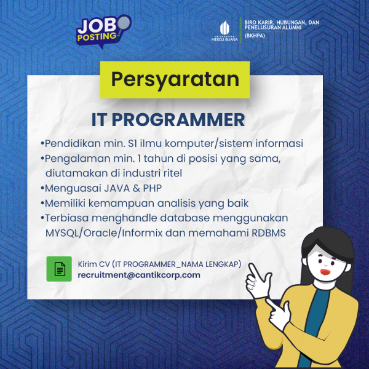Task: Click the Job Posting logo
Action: [103, 31]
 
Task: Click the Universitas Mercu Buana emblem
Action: [224, 31]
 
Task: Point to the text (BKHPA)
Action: [255, 36]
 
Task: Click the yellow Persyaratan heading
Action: [175, 79]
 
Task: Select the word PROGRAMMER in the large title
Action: [178, 120]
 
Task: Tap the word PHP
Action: [153, 188]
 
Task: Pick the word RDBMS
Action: [269, 233]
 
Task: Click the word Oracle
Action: [102, 233]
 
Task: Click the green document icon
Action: [59, 269]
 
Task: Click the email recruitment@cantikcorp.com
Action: [139, 275]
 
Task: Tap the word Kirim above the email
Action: [87, 264]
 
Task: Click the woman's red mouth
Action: [326, 272]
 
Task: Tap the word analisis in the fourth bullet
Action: [177, 204]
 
